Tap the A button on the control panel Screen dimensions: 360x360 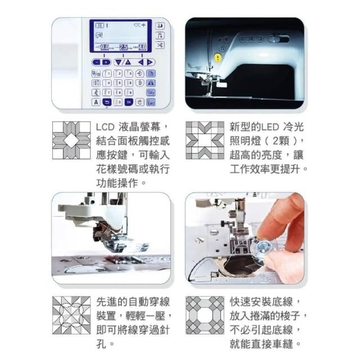click(96, 102)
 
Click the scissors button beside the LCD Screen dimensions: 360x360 click(160, 45)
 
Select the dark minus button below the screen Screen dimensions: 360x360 click(97, 62)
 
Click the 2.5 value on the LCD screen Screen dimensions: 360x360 click(123, 47)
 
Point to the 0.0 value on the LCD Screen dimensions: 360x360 click(105, 47)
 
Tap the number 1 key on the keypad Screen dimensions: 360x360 click(107, 74)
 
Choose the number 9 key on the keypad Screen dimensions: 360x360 click(129, 92)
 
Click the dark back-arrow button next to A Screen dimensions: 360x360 click(107, 102)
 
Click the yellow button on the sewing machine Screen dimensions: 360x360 click(217, 57)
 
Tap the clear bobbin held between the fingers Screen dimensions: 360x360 click(263, 248)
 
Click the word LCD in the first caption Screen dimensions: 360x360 click(105, 127)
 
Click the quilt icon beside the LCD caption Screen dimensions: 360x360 click(71, 140)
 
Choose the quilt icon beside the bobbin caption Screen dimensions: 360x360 click(205, 315)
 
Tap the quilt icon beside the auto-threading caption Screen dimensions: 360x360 click(71, 315)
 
